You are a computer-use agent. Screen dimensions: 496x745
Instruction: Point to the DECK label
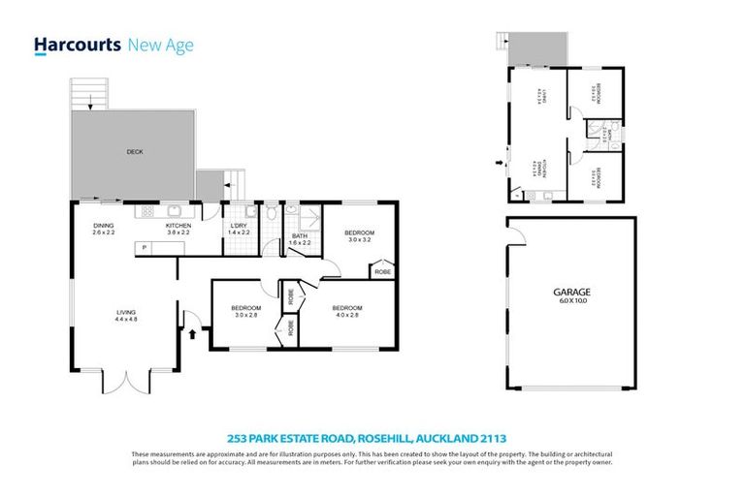pos(134,152)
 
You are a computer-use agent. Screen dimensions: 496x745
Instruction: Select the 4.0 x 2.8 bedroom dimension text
pos(347,315)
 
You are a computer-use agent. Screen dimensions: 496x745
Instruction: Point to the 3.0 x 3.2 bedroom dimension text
pos(361,240)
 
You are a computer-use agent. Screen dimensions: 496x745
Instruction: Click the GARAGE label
pos(571,292)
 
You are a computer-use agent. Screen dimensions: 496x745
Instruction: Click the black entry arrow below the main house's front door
pos(191,334)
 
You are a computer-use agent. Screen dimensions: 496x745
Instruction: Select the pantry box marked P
pos(145,248)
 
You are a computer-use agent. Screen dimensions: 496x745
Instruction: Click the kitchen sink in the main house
pos(176,210)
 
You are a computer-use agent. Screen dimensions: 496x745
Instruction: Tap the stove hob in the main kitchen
pos(148,210)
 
